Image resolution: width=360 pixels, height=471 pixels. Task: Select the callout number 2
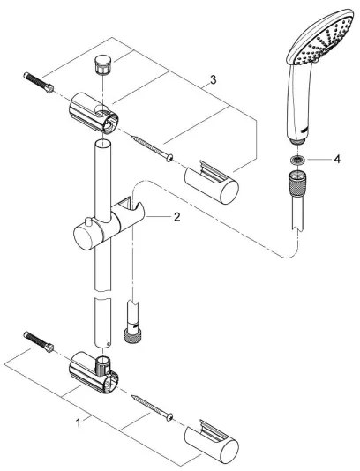[x=176, y=216]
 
